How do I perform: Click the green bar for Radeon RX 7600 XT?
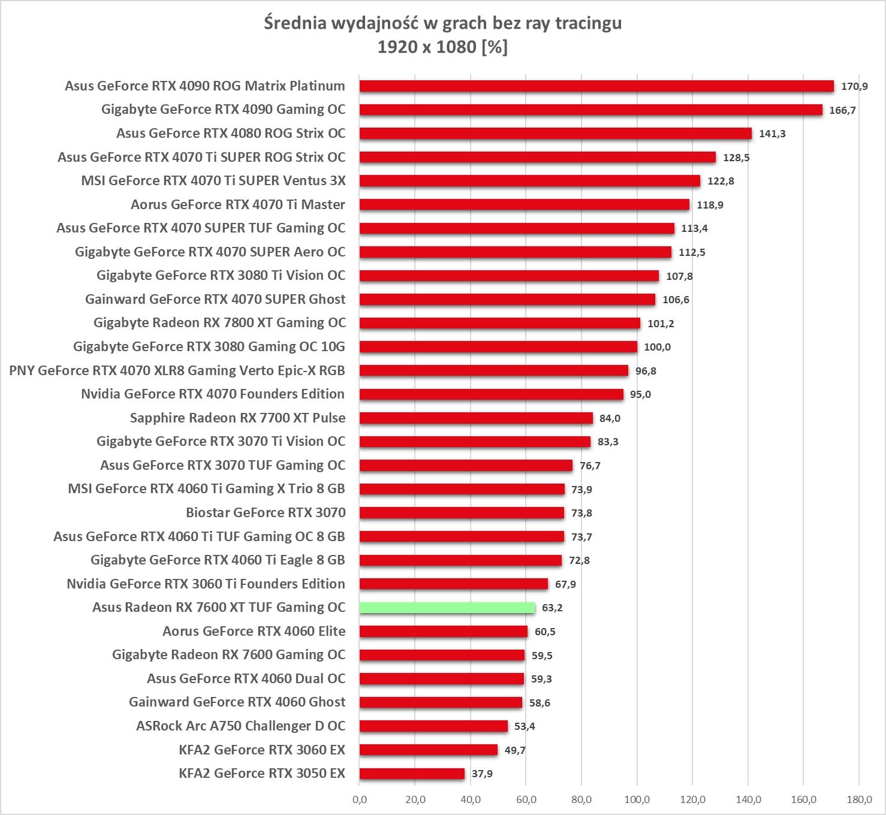click(447, 608)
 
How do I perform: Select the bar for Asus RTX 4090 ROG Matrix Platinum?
click(596, 86)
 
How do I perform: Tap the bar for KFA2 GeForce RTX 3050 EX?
click(412, 774)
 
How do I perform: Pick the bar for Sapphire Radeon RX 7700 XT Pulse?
click(476, 418)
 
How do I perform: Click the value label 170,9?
click(854, 86)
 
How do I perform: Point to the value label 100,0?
click(657, 347)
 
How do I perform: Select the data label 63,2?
click(552, 608)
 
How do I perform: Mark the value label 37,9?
click(482, 774)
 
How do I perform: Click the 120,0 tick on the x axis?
click(692, 799)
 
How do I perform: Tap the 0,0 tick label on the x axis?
click(360, 799)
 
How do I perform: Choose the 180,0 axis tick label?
click(858, 799)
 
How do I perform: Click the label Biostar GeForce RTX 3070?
click(266, 512)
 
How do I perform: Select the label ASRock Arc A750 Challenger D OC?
click(240, 726)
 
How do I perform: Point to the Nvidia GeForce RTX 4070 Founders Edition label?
click(213, 394)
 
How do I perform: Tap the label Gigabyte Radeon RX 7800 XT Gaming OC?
click(219, 323)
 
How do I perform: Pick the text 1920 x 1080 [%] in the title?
click(442, 47)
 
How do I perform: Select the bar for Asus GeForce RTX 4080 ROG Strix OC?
click(555, 134)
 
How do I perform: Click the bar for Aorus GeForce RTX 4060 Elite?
click(444, 632)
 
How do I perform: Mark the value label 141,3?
click(772, 134)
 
